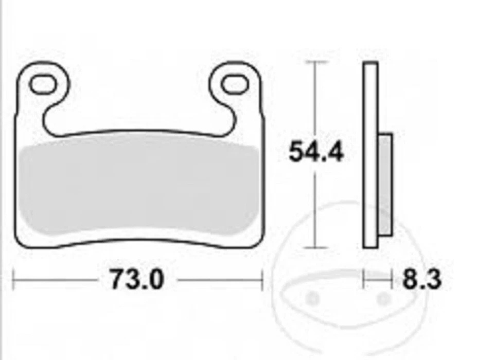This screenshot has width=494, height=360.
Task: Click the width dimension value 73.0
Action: pos(137,280)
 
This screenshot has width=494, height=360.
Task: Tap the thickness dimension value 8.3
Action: pos(421,280)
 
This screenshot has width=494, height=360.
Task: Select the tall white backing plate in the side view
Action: pos(370,154)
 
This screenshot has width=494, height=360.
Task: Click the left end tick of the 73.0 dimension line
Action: pos(13,281)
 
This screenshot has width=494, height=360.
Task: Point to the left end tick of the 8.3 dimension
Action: pos(364,281)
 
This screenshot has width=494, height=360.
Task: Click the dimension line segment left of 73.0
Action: pos(57,281)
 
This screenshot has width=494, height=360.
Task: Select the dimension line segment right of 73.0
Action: pos(219,281)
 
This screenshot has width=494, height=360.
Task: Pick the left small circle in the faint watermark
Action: pos(312,298)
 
